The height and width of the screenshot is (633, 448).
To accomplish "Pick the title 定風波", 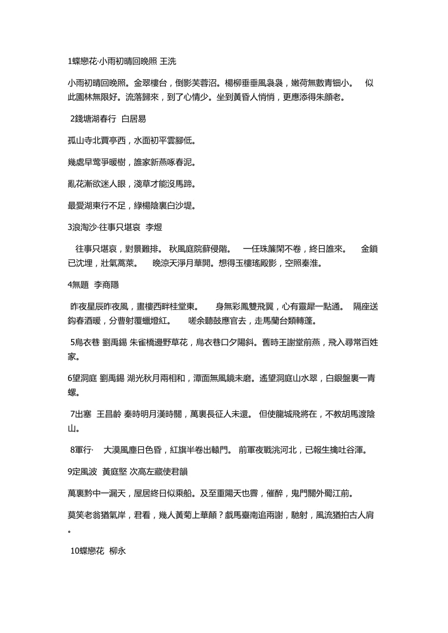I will click(x=85, y=471).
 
